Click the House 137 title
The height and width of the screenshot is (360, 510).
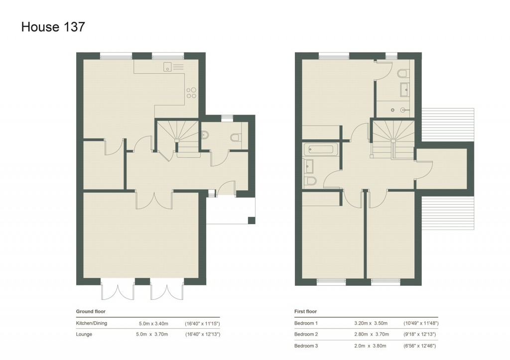(53, 27)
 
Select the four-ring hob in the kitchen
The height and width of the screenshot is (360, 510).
(191, 93)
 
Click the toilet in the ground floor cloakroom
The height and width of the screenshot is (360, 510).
(236, 137)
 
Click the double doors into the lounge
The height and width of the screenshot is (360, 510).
(154, 199)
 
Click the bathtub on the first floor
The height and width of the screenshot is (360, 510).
(321, 149)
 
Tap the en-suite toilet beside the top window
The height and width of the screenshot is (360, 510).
(403, 74)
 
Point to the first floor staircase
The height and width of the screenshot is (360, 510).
(393, 139)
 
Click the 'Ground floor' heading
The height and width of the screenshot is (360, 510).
(91, 312)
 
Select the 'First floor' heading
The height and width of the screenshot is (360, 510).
(305, 312)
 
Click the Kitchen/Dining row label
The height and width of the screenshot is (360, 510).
(91, 323)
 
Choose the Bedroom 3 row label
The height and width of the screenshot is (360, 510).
(306, 346)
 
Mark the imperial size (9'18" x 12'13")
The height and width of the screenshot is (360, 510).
(421, 335)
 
